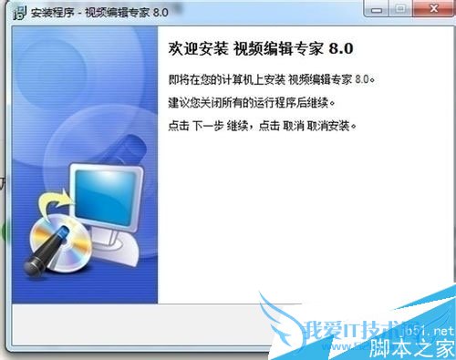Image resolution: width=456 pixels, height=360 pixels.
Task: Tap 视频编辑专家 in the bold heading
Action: (263, 47)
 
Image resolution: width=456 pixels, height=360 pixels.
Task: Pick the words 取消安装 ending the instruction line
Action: (334, 123)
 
